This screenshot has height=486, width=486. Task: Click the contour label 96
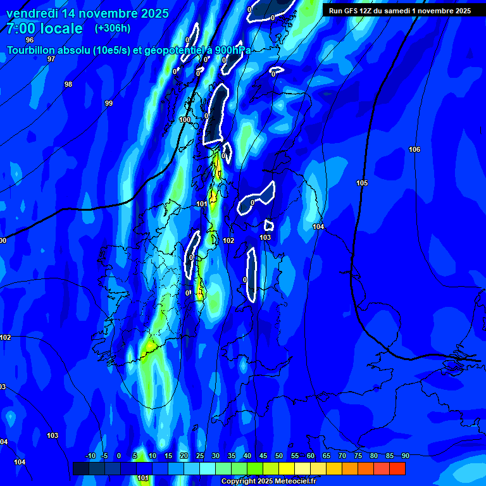(x=30, y=40)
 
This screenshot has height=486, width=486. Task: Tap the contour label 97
(x=51, y=59)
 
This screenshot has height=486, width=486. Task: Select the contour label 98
(x=68, y=84)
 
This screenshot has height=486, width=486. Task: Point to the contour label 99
(x=109, y=103)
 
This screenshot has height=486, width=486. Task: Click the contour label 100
(x=185, y=120)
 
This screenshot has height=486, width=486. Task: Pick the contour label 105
(x=362, y=183)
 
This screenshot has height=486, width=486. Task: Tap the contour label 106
(x=414, y=149)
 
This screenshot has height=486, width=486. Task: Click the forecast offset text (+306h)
(x=113, y=28)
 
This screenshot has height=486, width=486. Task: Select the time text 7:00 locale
(x=44, y=29)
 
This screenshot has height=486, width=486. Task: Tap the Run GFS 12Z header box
(x=400, y=11)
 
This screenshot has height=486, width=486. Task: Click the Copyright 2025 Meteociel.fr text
(x=269, y=481)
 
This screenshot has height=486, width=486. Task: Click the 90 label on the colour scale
(x=405, y=456)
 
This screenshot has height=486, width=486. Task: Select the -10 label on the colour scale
(x=90, y=456)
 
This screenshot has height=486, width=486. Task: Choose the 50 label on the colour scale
(x=279, y=456)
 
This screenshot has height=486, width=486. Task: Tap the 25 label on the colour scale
(x=199, y=456)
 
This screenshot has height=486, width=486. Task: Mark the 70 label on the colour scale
(x=342, y=456)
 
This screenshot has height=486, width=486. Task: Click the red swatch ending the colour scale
(x=397, y=468)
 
